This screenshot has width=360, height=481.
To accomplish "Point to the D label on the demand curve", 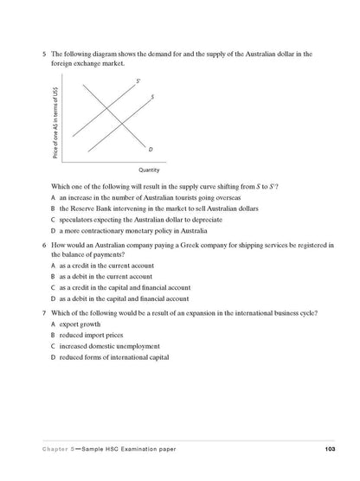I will click(x=151, y=150).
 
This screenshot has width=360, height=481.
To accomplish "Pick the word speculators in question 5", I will click(x=78, y=220).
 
